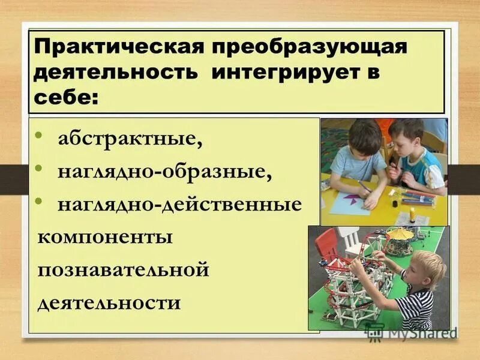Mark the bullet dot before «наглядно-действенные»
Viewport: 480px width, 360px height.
click(38, 202)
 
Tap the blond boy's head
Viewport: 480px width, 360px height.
click(427, 268)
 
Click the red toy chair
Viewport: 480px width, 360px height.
click(328, 245)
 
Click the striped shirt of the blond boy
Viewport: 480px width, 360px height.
click(416, 309)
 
